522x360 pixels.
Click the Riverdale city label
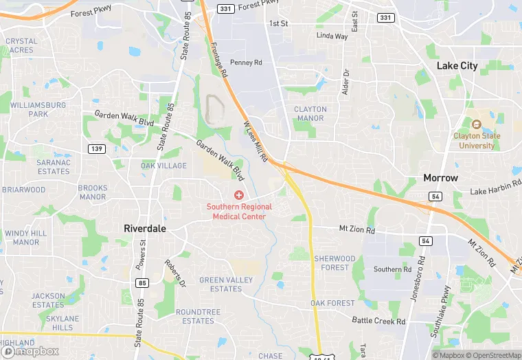point(145,228)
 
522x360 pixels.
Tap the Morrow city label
point(440,177)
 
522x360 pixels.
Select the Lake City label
point(457,65)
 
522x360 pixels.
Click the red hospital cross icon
point(239,196)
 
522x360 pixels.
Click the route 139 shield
point(97,148)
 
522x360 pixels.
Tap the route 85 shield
point(142,282)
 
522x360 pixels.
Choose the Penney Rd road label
point(247,63)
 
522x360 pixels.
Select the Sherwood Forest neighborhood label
point(334,263)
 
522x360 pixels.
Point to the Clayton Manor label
point(310,113)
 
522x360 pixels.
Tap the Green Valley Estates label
point(226,284)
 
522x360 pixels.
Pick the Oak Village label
point(163,166)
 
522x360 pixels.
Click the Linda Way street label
point(332,36)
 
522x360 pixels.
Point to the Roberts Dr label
point(175,273)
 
